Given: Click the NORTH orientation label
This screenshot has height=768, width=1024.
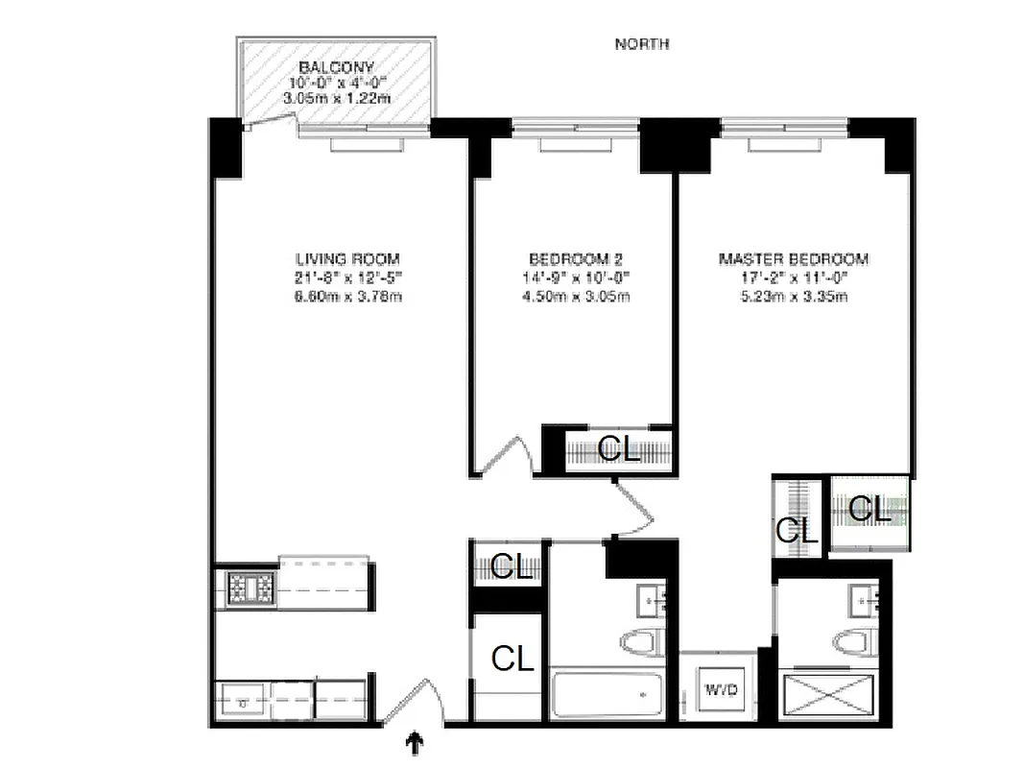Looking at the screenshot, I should click(641, 44).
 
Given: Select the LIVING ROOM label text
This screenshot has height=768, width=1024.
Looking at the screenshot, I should click(346, 259).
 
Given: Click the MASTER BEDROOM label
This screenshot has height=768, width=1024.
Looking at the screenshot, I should click(793, 259).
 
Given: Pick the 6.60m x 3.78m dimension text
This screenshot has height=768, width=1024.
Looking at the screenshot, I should click(346, 297).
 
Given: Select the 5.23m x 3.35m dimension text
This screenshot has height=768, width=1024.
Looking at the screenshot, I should click(793, 297).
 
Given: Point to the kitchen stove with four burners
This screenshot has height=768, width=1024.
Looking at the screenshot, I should click(250, 589).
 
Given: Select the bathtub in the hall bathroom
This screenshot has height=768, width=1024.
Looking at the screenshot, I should click(607, 693).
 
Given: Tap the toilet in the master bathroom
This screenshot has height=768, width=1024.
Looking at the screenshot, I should click(852, 641).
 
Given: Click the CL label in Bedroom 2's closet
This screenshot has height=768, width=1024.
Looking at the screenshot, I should click(619, 449).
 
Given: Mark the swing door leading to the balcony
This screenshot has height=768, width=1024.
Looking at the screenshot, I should click(269, 123).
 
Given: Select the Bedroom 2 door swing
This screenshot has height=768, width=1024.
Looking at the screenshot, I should click(506, 456).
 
